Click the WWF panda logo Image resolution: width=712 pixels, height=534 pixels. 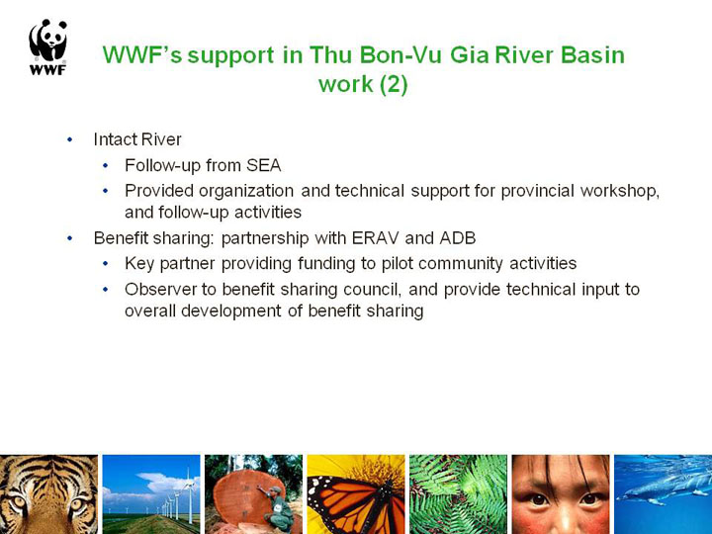pyautogui.click(x=48, y=47)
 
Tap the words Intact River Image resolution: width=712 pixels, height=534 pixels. pyautogui.click(x=137, y=139)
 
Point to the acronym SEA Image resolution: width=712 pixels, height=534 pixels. pyautogui.click(x=263, y=165)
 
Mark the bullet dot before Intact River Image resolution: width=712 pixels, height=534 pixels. pyautogui.click(x=69, y=139)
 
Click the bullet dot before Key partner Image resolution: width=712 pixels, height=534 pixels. pyautogui.click(x=106, y=263)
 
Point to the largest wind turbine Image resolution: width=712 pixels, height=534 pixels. pyautogui.click(x=189, y=495)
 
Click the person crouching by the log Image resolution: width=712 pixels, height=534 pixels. pyautogui.click(x=278, y=507)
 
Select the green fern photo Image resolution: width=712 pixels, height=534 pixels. pyautogui.click(x=458, y=494)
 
